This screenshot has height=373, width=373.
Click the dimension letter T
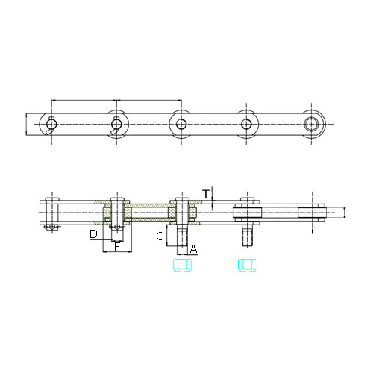(206, 194)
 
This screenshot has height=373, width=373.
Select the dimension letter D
(93, 234)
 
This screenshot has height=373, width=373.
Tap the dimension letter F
(117, 246)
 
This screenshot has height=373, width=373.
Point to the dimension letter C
(160, 236)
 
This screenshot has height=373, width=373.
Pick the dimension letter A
(193, 249)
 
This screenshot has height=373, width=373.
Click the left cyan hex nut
(183, 266)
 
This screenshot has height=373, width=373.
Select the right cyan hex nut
(247, 266)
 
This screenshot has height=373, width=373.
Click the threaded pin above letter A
(183, 236)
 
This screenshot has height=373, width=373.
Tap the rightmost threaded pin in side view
(248, 236)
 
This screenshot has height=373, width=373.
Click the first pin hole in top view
(51, 124)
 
